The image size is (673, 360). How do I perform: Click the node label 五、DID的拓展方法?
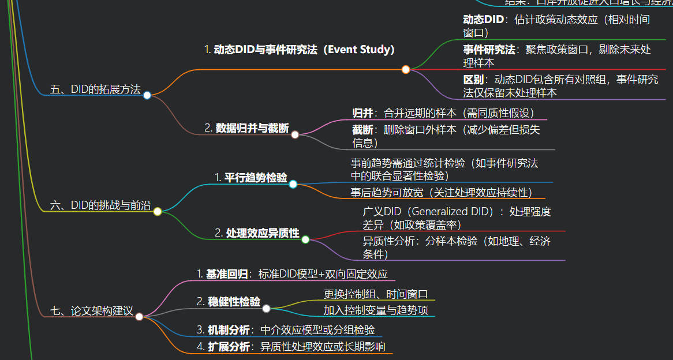[x=95, y=89]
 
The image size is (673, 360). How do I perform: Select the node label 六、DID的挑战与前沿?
[x=100, y=205]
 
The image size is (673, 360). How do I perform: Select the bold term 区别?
[x=473, y=80]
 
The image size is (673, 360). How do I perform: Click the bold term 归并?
[x=362, y=113]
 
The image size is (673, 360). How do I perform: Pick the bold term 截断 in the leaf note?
[x=362, y=130]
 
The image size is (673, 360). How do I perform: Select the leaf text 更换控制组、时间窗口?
[x=375, y=294]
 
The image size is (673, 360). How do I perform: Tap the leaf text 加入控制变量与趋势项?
[x=375, y=311]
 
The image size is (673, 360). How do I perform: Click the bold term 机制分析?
[x=229, y=330]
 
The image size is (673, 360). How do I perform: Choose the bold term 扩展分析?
[x=229, y=347]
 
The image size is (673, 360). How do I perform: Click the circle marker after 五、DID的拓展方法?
[x=147, y=95]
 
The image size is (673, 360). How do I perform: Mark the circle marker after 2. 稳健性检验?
[x=267, y=308]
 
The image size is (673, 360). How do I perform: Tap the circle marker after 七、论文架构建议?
[x=139, y=317]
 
